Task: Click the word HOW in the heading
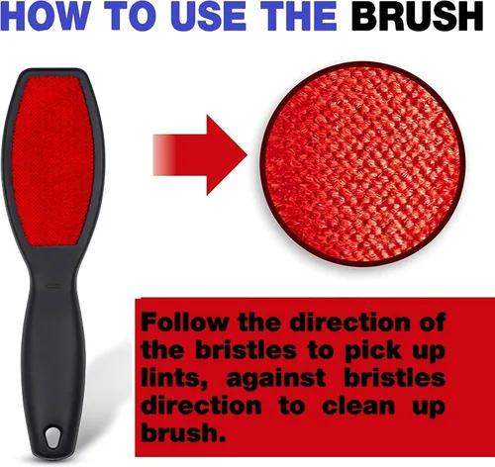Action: click(45, 16)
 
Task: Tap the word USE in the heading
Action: click(209, 16)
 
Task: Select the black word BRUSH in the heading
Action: click(417, 16)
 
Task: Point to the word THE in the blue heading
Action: click(301, 16)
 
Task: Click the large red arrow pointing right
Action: click(200, 155)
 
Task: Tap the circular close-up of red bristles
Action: click(363, 164)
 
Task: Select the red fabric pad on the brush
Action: click(52, 161)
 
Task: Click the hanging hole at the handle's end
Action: click(51, 437)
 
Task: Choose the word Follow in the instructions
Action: click(184, 323)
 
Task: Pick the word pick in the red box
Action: click(373, 351)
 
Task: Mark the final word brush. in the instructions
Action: click(183, 432)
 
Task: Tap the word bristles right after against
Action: click(395, 378)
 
